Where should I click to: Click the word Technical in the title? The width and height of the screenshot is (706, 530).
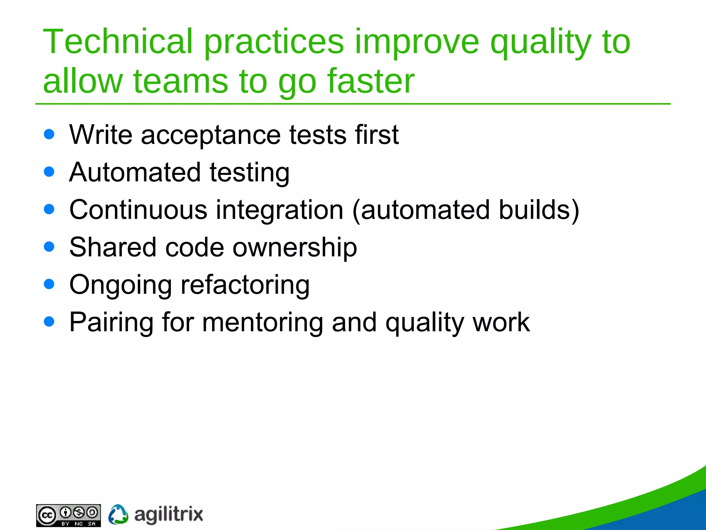[117, 42]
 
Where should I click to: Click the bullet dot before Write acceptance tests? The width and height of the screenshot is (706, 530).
[49, 134]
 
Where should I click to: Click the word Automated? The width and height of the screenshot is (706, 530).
[135, 172]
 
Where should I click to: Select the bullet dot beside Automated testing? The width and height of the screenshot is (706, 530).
[49, 171]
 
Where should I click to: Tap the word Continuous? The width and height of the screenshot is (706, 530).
[138, 210]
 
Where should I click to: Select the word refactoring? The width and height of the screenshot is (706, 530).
[245, 285]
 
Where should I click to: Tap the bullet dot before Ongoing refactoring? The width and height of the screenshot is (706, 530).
[49, 284]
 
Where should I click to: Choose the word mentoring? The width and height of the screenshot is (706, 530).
[262, 323]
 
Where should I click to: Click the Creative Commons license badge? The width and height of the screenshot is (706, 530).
[68, 515]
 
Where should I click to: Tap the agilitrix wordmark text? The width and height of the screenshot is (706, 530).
[168, 515]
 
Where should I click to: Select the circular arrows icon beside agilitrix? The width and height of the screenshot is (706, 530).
[118, 514]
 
